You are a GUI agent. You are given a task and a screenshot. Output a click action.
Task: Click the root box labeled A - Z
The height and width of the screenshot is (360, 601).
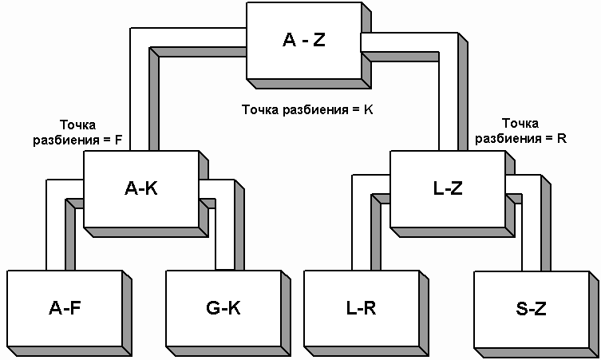[x=303, y=41]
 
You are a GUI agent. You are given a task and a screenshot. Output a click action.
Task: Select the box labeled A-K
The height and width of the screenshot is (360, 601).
[x=140, y=189]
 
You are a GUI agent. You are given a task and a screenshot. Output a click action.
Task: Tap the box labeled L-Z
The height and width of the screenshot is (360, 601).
[x=446, y=189]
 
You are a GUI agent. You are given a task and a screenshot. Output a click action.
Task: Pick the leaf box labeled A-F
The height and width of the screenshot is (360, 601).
[x=63, y=308]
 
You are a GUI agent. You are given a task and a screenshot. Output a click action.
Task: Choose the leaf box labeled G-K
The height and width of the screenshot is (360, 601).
[x=223, y=308]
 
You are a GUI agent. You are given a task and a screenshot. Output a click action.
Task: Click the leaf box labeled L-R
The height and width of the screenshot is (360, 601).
[x=361, y=308]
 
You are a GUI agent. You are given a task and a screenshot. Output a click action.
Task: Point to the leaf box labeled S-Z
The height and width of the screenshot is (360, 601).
[x=530, y=308]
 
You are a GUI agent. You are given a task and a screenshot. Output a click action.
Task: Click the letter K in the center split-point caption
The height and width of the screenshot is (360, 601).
[x=368, y=109]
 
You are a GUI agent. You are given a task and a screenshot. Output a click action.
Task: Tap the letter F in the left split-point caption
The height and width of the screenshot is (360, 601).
[x=118, y=139]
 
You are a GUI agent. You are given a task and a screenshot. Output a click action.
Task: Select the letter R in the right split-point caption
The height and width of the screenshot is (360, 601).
[x=561, y=137]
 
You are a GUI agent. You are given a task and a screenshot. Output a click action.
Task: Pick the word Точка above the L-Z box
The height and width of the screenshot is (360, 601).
[x=520, y=124]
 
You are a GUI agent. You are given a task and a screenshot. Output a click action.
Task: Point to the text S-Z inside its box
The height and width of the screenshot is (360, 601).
[x=530, y=308]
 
